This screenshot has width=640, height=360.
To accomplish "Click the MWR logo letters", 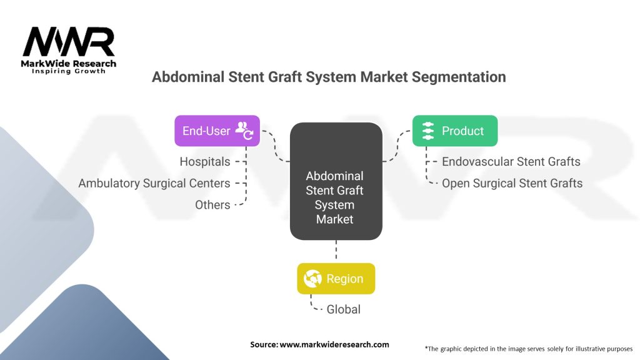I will click(x=69, y=42).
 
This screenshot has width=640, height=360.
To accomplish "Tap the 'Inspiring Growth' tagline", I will click(x=69, y=71).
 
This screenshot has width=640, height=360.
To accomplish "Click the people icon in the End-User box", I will click(x=243, y=131).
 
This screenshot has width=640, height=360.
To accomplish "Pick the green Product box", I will click(x=454, y=131).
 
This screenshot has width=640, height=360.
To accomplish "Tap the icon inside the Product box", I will click(x=428, y=131).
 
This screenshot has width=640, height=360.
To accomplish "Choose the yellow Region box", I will click(x=336, y=279).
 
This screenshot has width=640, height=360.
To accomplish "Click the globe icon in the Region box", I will click(x=312, y=279).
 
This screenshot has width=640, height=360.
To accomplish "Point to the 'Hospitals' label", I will click(x=205, y=162).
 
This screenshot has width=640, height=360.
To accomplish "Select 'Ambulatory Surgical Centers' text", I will click(x=154, y=183).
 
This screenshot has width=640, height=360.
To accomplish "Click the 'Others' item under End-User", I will click(x=212, y=204).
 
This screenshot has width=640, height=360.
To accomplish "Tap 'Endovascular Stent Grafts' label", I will click(x=511, y=162).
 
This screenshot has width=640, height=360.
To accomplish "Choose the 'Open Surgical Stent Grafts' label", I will click(x=512, y=183).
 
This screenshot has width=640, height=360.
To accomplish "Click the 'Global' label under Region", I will click(x=343, y=309).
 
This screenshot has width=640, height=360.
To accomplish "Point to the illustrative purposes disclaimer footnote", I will click(x=528, y=348).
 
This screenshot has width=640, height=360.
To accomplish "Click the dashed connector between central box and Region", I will click(x=336, y=252).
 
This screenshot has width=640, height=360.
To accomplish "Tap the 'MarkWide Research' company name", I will click(x=69, y=64).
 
